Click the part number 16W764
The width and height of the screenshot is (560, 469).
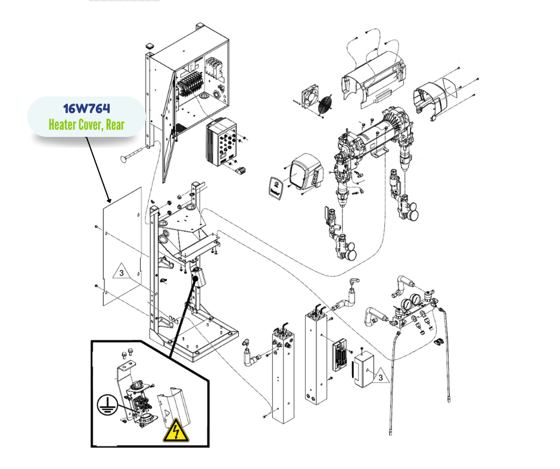(x=86, y=108)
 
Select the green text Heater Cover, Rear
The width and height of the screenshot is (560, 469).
(x=87, y=125)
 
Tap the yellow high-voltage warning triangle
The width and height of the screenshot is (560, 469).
(x=176, y=430)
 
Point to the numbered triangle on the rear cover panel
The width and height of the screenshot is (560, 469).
(x=120, y=273)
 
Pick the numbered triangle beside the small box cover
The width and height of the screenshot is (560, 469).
(x=378, y=376)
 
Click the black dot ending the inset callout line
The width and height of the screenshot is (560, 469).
(x=195, y=277)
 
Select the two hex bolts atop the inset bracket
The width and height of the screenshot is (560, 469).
(x=132, y=354)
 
